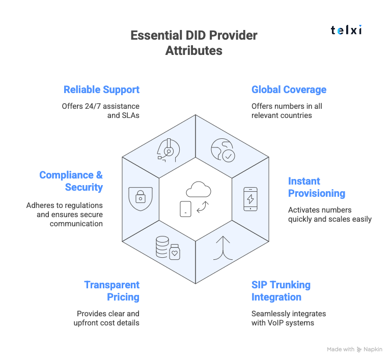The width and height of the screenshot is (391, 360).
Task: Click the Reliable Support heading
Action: tap(101, 90)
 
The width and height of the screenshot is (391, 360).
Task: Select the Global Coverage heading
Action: tap(289, 90)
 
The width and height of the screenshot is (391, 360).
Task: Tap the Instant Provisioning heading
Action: tap(316, 187)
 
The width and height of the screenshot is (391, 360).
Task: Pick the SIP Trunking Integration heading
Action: tap(281, 291)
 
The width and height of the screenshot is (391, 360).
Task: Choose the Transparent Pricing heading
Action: tap(111, 291)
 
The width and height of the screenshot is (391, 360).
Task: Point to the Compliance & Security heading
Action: tap(71, 181)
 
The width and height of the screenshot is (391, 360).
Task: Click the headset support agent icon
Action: tap(167, 149)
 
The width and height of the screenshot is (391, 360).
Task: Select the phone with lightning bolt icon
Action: tap(250, 199)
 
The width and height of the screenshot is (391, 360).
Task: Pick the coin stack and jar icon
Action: tap(168, 248)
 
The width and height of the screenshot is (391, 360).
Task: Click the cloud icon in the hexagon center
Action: tap(198, 190)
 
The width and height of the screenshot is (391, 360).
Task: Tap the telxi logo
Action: tap(346, 30)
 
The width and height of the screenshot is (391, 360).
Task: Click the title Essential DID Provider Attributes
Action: tap(194, 43)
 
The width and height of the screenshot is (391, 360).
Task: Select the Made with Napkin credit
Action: tap(354, 349)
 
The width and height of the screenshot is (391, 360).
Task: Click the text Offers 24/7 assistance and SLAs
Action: tap(101, 111)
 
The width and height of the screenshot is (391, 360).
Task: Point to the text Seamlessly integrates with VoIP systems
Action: tap(289, 318)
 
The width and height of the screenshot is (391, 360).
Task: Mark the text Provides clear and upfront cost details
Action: tap(108, 318)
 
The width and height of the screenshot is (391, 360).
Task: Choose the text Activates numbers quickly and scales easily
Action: tap(329, 215)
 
